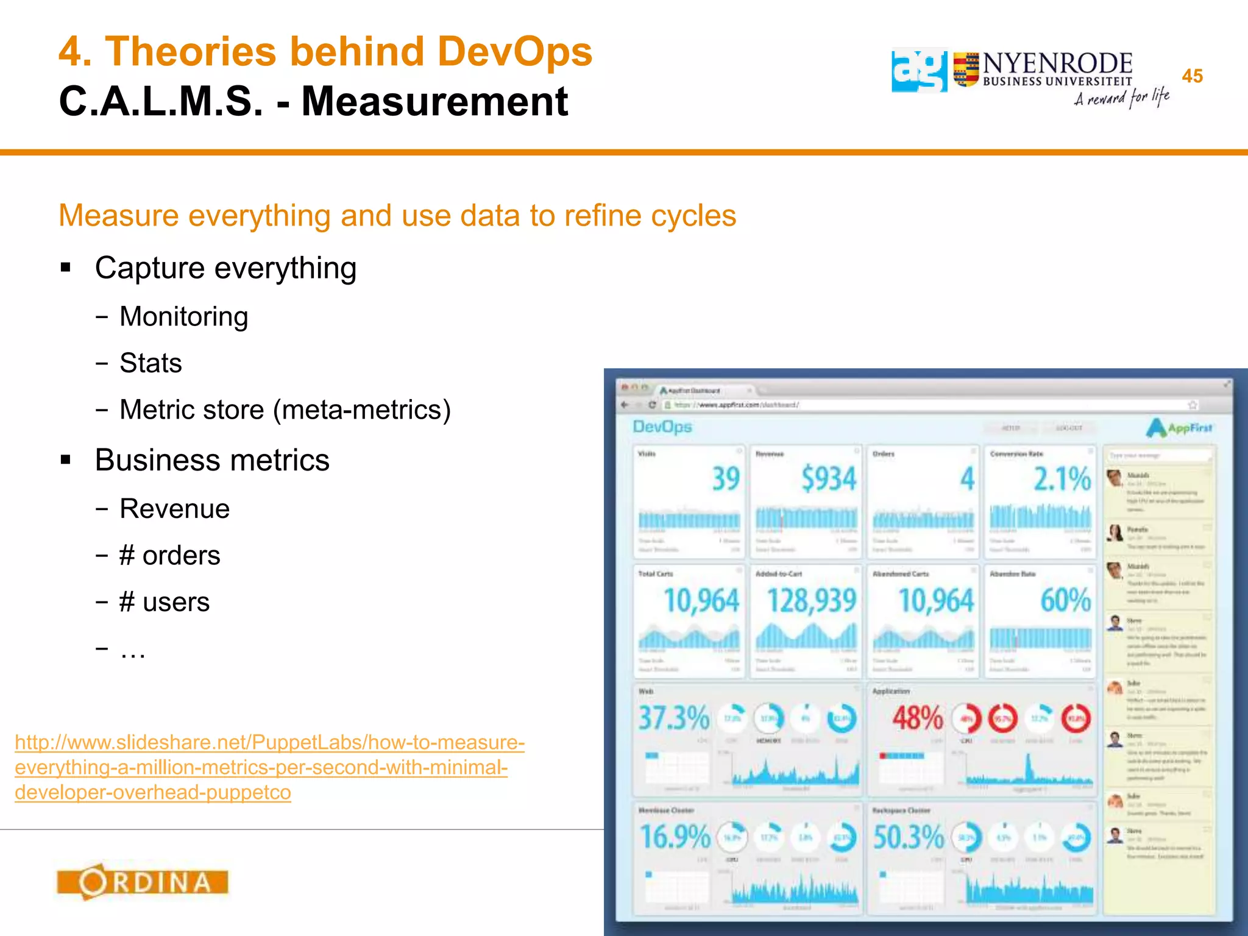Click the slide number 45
(x=1192, y=76)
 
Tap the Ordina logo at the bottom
(x=143, y=882)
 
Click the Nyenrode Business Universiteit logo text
(x=1057, y=69)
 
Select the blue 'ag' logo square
(x=919, y=71)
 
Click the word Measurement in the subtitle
(x=434, y=101)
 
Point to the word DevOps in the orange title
(x=514, y=51)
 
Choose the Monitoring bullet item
(x=183, y=317)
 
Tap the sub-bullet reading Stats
(x=151, y=363)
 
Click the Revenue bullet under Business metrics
(x=174, y=509)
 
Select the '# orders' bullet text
(x=169, y=556)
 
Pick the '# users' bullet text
(x=165, y=602)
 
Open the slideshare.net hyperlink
(x=269, y=767)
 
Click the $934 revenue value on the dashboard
(x=828, y=478)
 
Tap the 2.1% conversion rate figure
(x=1062, y=479)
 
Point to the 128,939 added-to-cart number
(x=812, y=601)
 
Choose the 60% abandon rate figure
(x=1065, y=601)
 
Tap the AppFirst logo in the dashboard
(x=1179, y=428)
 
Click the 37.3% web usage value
(x=673, y=718)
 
